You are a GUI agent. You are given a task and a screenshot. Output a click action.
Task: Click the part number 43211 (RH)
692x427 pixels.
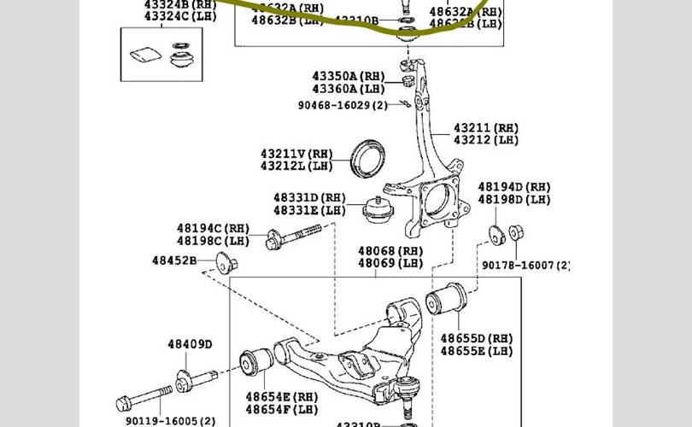click(485, 127)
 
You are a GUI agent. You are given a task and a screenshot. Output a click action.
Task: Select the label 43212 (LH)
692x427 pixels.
click(485, 140)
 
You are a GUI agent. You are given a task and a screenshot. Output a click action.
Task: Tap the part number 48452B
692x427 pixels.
click(174, 260)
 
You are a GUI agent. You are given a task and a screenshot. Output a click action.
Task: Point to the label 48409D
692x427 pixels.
click(190, 344)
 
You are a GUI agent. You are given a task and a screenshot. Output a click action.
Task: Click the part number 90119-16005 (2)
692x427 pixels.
click(171, 420)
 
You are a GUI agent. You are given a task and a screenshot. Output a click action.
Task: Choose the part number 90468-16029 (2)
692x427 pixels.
click(343, 104)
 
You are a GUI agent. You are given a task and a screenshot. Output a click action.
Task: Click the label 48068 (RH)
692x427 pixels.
click(390, 251)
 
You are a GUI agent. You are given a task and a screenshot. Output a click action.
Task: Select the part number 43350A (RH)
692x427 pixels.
click(348, 76)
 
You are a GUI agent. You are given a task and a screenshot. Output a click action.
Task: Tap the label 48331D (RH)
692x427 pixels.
click(309, 197)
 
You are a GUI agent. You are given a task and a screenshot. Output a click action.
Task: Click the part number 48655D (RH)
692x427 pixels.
click(477, 338)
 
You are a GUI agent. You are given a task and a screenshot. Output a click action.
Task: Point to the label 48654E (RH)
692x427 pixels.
click(281, 396)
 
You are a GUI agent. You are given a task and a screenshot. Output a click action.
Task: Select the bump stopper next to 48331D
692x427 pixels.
click(376, 211)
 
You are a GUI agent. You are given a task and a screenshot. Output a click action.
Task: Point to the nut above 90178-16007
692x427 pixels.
click(516, 232)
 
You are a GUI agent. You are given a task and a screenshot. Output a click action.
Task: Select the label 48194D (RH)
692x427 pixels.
click(514, 186)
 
